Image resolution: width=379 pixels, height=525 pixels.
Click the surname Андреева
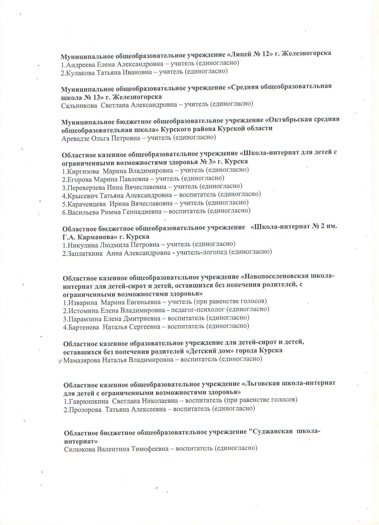click(x=79, y=64)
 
